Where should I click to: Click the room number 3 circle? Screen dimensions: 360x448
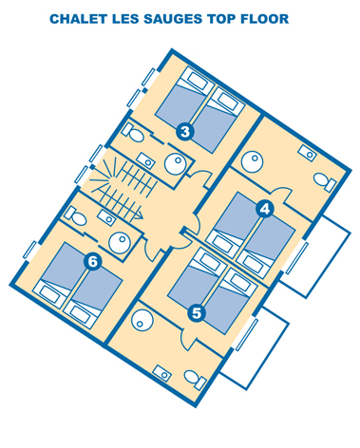(185, 131)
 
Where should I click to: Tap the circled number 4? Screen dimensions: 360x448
(265, 209)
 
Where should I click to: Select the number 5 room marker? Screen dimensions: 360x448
(197, 313)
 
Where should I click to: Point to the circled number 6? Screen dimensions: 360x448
(93, 262)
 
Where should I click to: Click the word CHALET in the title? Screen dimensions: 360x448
(78, 19)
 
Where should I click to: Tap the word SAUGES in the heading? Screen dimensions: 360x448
(173, 19)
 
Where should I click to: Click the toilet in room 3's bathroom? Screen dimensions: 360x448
(133, 132)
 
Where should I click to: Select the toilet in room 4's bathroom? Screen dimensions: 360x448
(325, 182)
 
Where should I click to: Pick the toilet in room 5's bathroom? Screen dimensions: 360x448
(196, 379)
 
